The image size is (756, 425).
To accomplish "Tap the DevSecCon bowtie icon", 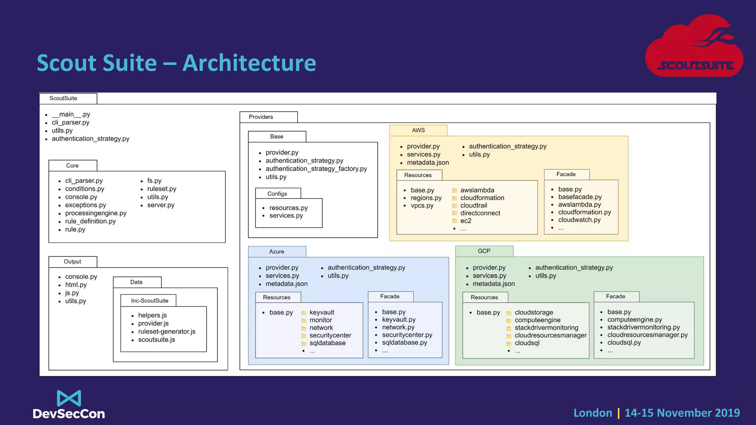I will [x=69, y=398].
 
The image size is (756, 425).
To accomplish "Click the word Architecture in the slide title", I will [x=249, y=63].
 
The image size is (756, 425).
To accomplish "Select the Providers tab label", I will [x=261, y=117].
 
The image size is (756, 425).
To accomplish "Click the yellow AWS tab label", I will [x=418, y=130].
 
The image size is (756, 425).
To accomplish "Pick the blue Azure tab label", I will [x=276, y=252].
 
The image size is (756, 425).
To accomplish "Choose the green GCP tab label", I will [x=484, y=251].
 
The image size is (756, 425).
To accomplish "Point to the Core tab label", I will [x=72, y=166].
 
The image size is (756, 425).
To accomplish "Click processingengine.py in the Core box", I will [x=96, y=213].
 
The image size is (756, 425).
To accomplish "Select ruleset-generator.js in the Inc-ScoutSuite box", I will [x=166, y=331].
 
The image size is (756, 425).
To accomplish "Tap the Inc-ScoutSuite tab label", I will [x=150, y=301].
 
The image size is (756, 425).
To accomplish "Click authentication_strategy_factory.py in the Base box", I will [x=316, y=169].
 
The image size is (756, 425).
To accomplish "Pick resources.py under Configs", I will [x=288, y=208].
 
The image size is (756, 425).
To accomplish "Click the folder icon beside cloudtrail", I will [x=455, y=206].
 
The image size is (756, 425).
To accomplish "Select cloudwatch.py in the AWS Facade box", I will [x=579, y=220].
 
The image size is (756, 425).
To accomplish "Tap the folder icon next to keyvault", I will [x=304, y=313].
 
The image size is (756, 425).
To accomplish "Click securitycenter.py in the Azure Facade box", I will [x=407, y=335].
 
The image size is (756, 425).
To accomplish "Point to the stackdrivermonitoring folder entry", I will [x=546, y=328].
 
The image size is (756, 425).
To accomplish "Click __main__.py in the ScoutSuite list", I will [x=71, y=114].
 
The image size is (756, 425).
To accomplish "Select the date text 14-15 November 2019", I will [x=682, y=413].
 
